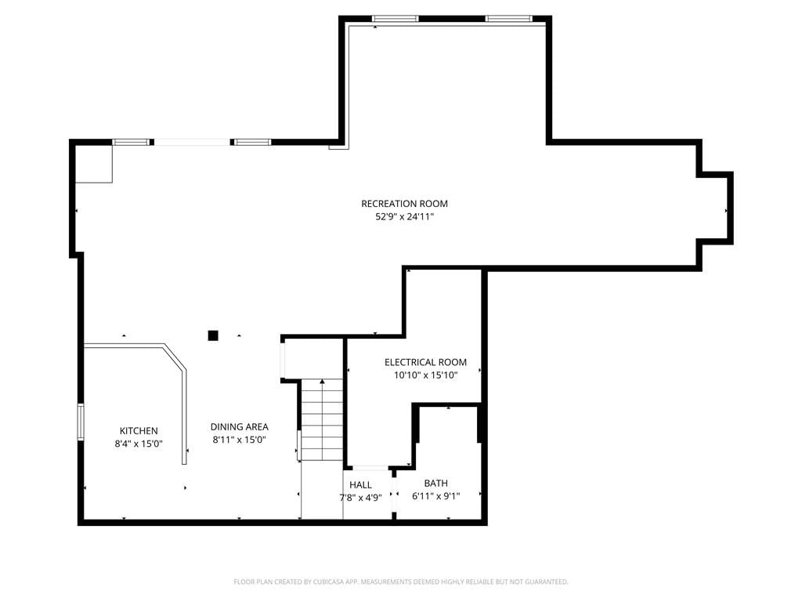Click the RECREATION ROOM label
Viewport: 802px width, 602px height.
(404, 204)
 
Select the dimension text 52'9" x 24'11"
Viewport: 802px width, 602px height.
(405, 216)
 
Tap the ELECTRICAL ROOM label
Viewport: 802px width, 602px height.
(425, 362)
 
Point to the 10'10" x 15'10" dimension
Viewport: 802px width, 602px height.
(425, 375)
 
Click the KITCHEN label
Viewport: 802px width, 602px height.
(139, 431)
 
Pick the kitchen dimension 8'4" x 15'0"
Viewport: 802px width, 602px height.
(139, 444)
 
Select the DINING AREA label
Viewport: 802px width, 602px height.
(240, 427)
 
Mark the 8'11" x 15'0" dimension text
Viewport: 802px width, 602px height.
(240, 440)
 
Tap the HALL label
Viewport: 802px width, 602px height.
(360, 485)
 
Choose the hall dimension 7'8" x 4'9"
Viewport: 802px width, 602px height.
(360, 498)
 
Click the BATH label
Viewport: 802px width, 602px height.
(435, 483)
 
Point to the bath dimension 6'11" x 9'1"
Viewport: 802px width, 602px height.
(435, 496)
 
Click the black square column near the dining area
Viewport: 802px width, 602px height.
(213, 335)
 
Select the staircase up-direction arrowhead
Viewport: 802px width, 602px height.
(322, 381)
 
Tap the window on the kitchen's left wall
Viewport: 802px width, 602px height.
(81, 422)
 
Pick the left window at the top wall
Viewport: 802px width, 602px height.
(396, 19)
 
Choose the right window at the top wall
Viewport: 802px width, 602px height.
(509, 19)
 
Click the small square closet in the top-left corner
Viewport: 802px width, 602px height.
(94, 164)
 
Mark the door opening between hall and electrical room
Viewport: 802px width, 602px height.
(370, 468)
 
